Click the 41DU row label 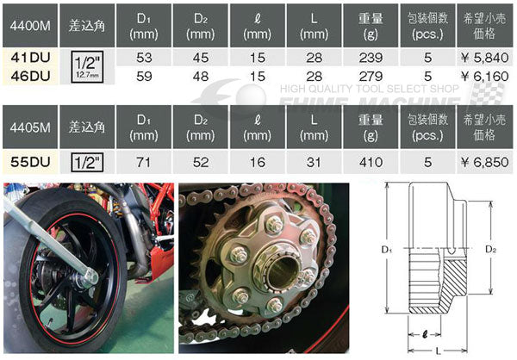point(30,58)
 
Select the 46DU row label point(30,76)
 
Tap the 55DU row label point(30,162)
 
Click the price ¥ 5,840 point(484,58)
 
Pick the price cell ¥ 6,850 point(484,162)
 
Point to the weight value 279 point(371,76)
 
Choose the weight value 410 point(371,162)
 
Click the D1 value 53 point(144,58)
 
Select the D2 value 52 point(201,162)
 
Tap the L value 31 point(314,162)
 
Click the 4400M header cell point(30,25)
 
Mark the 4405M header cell point(30,127)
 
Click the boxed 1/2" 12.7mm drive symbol point(87,66)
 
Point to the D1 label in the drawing point(386,250)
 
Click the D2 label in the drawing point(490,249)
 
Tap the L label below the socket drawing point(439,351)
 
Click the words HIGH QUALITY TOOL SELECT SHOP point(370,89)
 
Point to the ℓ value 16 point(257,162)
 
